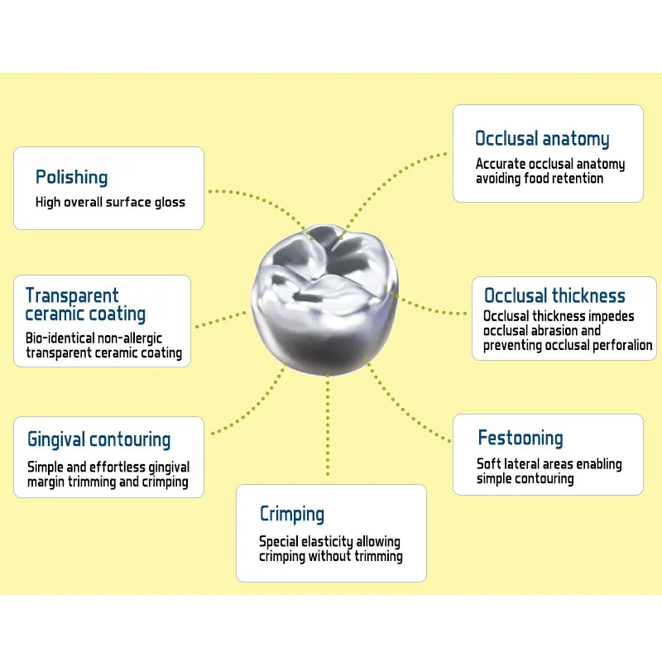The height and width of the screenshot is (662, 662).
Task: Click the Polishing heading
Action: point(71,177)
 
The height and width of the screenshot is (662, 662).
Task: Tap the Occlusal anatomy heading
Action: point(542,139)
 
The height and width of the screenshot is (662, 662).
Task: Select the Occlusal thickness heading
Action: point(554,296)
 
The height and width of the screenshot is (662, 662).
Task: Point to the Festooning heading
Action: point(520,439)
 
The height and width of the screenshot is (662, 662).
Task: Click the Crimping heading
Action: point(292,514)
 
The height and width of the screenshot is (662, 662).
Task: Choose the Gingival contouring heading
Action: point(98,439)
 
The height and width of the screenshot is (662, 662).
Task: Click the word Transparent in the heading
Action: point(72,295)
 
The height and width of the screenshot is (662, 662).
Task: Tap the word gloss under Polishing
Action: point(170,202)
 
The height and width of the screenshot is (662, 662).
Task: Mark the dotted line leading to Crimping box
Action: point(328,422)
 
